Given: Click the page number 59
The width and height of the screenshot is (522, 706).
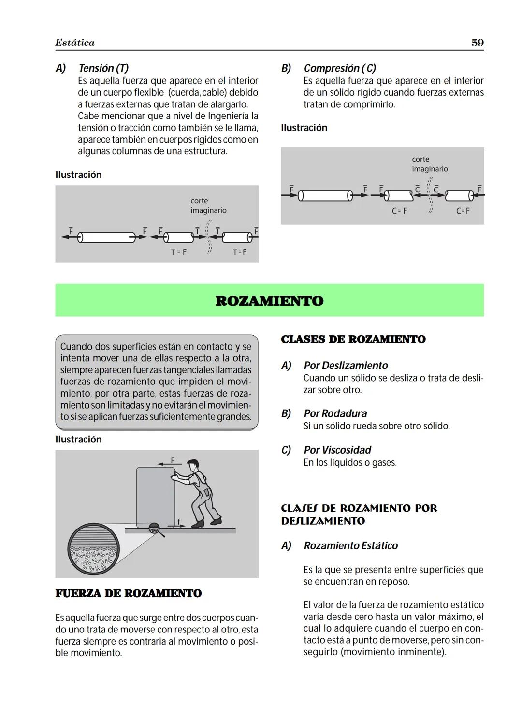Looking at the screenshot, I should click(477, 43).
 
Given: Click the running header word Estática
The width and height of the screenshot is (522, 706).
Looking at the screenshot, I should click(75, 43).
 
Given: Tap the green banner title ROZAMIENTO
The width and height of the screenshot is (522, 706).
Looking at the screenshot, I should click(269, 301).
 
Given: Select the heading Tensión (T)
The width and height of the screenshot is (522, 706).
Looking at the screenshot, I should click(103, 68).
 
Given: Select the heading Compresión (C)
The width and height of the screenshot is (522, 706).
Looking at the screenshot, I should click(340, 68).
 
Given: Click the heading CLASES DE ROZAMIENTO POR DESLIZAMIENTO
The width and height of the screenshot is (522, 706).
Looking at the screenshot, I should click(359, 515).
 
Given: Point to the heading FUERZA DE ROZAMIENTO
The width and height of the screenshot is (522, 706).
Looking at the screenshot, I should click(128, 593).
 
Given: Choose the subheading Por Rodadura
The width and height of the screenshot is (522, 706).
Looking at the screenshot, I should click(335, 413).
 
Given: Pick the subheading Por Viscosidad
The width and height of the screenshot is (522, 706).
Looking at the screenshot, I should click(337, 450).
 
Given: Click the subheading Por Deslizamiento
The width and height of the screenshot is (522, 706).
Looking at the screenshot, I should click(346, 366).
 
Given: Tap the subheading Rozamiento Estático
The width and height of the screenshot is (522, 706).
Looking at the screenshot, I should click(350, 545).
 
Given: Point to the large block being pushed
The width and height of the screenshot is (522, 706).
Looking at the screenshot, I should click(155, 497).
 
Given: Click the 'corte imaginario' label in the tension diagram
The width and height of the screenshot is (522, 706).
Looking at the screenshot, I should click(208, 206).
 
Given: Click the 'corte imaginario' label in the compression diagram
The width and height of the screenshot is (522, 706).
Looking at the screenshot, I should click(429, 164).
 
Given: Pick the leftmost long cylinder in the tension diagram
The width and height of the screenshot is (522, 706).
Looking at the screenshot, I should click(106, 237).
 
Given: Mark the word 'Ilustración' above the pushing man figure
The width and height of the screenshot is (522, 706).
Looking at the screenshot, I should click(78, 439).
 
